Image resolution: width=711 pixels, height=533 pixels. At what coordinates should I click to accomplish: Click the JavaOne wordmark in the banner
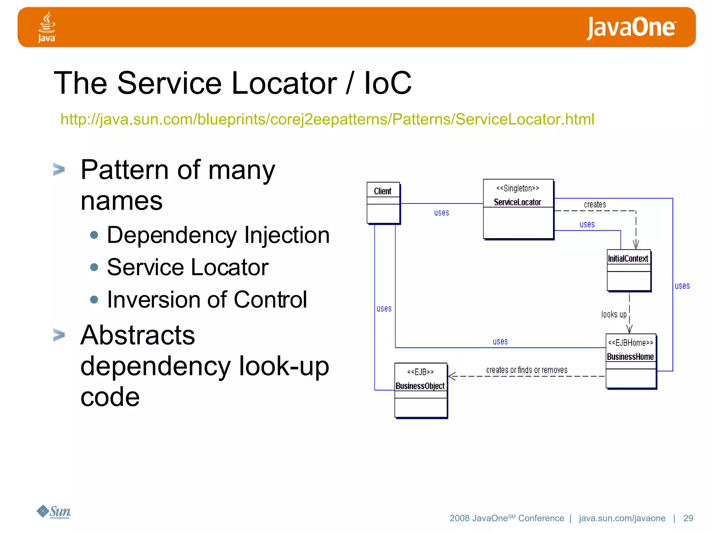point(631,28)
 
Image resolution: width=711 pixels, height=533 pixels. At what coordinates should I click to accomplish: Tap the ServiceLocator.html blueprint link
point(327,119)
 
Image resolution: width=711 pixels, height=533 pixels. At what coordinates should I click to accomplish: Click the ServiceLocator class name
point(517,202)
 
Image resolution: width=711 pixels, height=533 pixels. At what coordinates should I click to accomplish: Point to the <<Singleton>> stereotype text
point(517,188)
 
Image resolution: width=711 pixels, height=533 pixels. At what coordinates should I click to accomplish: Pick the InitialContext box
point(628,270)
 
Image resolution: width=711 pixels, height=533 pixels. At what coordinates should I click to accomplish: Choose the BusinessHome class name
point(630,357)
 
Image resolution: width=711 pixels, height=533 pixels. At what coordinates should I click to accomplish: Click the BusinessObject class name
point(420,386)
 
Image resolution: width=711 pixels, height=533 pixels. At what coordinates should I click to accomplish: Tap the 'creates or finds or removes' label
point(527,370)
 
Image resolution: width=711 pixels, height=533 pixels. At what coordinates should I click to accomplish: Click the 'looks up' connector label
point(614,314)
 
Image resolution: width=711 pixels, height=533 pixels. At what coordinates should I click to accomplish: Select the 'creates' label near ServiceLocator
point(595,205)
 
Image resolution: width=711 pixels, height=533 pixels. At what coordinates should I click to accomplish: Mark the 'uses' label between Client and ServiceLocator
point(442,213)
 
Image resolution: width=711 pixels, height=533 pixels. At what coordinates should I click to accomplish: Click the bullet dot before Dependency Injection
point(94,235)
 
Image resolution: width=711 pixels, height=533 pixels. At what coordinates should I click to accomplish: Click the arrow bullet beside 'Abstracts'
point(59,335)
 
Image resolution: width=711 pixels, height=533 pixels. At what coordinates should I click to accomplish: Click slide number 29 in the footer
point(688,518)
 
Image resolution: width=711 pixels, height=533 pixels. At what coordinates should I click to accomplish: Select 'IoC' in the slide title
point(387,83)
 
